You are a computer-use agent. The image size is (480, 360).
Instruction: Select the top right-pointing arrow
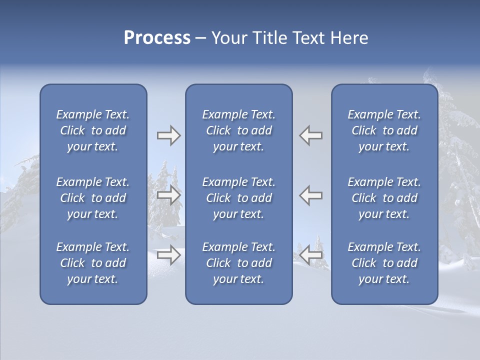168,135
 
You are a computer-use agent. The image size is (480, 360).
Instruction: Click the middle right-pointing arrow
168,195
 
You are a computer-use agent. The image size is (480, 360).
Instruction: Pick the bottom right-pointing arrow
168,255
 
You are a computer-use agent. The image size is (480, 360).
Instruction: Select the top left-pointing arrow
311,135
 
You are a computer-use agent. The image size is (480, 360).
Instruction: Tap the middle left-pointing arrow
311,195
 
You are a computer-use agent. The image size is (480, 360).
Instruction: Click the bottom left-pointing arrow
311,255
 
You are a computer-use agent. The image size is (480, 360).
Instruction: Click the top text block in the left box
93,130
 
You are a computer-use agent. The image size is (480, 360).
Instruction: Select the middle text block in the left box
93,198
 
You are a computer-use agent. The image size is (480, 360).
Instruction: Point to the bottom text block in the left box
93,263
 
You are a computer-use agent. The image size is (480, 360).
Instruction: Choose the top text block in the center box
238,130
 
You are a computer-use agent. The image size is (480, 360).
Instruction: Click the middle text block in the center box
238,198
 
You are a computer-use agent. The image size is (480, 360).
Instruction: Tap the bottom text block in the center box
238,263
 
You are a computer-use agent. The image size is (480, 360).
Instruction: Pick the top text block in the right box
384,130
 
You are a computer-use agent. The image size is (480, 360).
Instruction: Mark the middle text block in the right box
384,198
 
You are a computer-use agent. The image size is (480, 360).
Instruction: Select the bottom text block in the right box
384,263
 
